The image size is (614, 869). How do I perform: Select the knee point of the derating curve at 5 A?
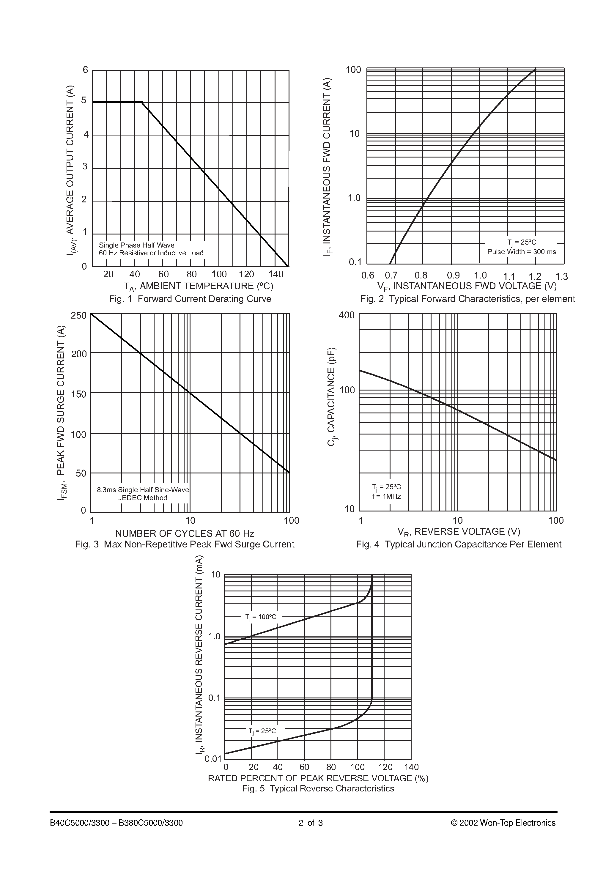pos(142,102)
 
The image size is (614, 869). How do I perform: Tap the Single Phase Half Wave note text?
pos(137,245)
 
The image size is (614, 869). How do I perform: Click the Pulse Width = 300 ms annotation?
pos(522,252)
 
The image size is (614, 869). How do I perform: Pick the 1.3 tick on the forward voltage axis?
pos(561,276)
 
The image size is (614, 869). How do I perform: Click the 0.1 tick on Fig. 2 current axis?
pos(355,262)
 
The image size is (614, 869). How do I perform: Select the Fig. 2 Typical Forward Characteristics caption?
pos(467,299)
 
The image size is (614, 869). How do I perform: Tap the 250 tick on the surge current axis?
pos(79,316)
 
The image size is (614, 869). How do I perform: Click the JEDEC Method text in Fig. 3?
pos(143,498)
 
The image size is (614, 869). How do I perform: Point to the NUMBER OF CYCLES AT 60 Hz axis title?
pos(185,534)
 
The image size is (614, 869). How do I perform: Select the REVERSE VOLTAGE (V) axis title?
pos(459,532)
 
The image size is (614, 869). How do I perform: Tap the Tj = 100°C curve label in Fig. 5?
pos(261,617)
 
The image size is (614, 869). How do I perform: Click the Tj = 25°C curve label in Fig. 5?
pos(262,731)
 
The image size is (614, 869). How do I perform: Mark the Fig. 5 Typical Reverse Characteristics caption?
pos(318,789)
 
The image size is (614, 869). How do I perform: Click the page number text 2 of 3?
pos(310,823)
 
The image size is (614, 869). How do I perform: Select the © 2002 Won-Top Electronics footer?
pos(503,823)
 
